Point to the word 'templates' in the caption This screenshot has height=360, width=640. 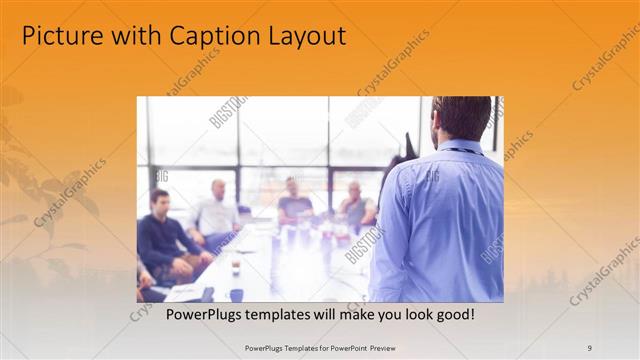pyautogui.click(x=274, y=314)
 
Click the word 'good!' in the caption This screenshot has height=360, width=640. pyautogui.click(x=454, y=314)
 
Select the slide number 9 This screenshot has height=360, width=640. pyautogui.click(x=590, y=347)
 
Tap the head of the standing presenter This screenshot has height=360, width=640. pyautogui.click(x=462, y=118)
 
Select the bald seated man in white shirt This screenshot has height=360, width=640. pyautogui.click(x=216, y=212)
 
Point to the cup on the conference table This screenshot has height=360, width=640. pyautogui.click(x=236, y=267)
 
